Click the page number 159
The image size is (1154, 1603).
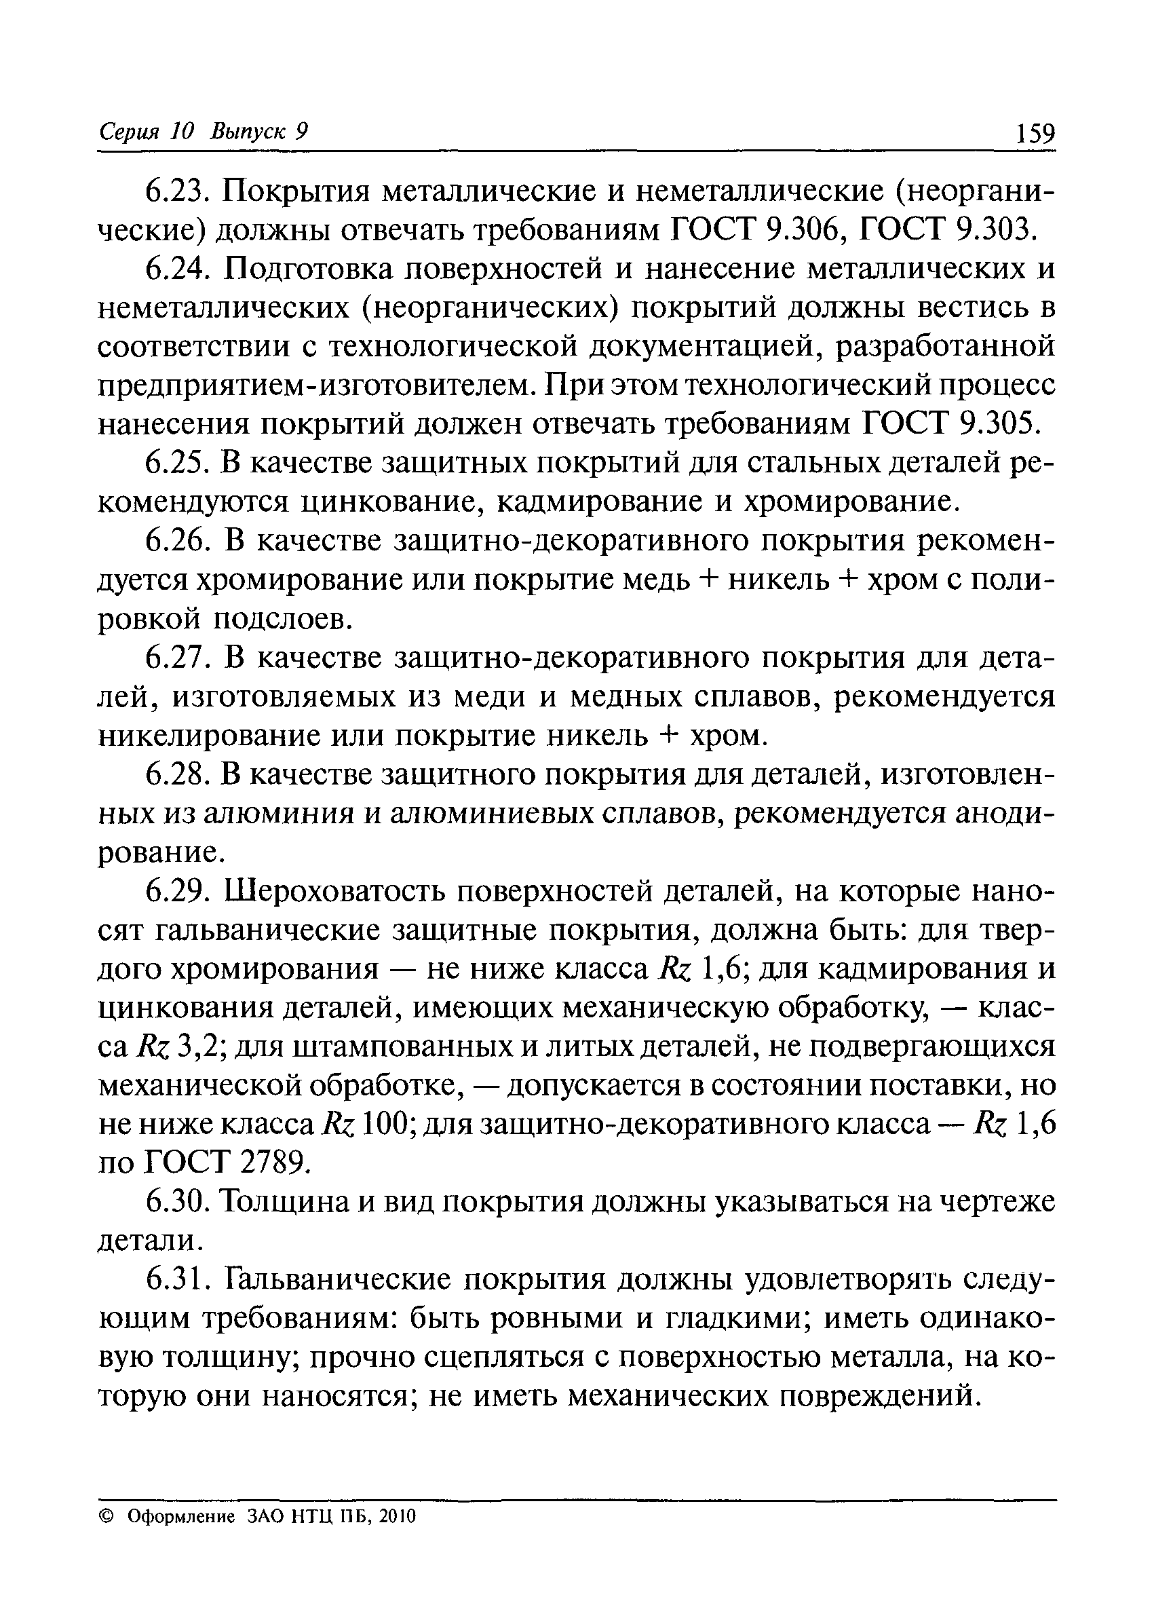1035,133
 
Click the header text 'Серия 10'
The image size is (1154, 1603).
145,132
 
